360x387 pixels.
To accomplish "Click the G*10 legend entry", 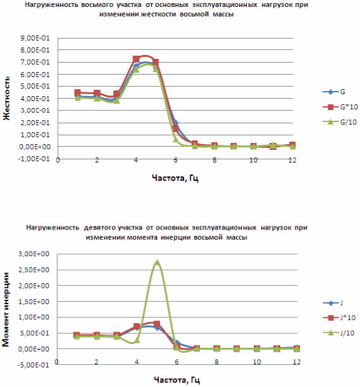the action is [340, 107].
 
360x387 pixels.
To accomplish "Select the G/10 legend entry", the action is [340, 122].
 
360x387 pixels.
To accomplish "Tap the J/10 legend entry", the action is [338, 333].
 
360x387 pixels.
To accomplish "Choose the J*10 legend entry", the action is [339, 317].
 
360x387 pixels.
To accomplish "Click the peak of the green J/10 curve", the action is [157, 261].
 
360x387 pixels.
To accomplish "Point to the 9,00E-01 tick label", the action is [35, 38].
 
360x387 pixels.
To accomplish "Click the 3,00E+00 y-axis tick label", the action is [34, 254].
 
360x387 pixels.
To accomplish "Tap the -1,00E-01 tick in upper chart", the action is [34, 159].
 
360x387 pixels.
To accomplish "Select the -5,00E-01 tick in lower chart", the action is [33, 365].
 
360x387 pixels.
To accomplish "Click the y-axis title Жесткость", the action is [7, 98].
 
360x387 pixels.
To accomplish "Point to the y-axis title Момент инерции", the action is [6, 309].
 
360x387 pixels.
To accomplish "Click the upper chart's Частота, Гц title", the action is [175, 178].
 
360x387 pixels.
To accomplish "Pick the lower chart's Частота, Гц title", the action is [177, 380].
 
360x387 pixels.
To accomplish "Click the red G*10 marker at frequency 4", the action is [136, 59].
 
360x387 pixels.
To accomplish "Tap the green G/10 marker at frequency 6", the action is [175, 139].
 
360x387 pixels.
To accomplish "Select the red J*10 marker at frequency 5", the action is [157, 324].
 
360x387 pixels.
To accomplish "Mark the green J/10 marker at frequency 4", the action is [137, 340].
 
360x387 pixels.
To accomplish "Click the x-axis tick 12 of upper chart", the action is [292, 160].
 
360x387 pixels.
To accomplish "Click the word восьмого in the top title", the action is [97, 4].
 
